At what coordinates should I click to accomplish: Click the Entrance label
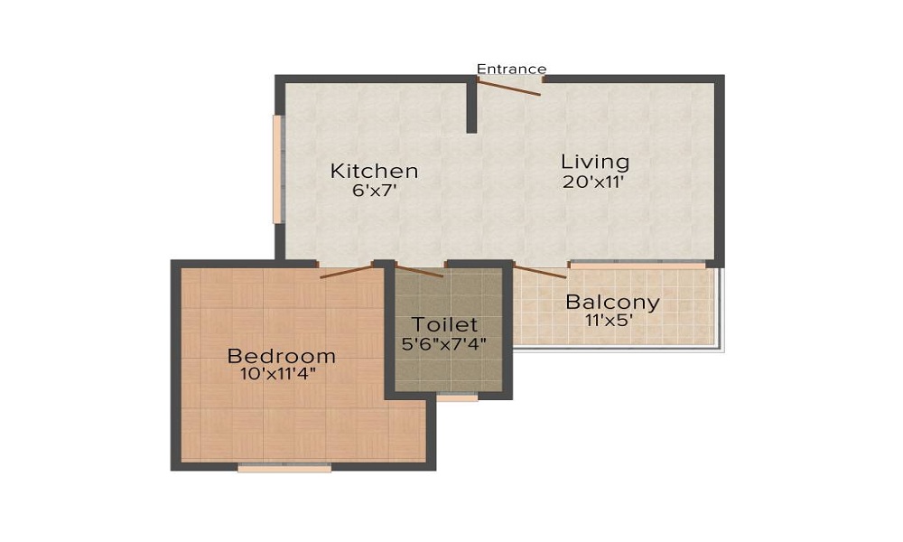click(511, 69)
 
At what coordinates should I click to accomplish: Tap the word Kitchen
click(374, 171)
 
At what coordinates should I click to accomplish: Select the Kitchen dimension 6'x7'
click(374, 191)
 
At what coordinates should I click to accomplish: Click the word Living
click(595, 163)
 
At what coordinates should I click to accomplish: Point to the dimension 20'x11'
click(595, 182)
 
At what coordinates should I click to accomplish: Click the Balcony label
click(612, 302)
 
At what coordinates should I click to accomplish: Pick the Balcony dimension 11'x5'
click(612, 320)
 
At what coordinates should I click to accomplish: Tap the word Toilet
click(444, 325)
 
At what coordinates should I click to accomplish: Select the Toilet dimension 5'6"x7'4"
click(444, 343)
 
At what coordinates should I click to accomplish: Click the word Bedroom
click(282, 355)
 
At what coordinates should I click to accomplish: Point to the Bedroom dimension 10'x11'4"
click(282, 372)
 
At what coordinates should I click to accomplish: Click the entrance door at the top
click(509, 87)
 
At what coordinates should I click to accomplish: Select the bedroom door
click(347, 270)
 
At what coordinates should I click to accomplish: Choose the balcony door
click(540, 270)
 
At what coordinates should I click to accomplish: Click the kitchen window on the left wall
click(278, 169)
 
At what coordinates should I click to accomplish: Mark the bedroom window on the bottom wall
click(284, 468)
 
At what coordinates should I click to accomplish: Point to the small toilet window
click(457, 397)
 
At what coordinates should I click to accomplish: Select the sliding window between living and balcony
click(638, 266)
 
